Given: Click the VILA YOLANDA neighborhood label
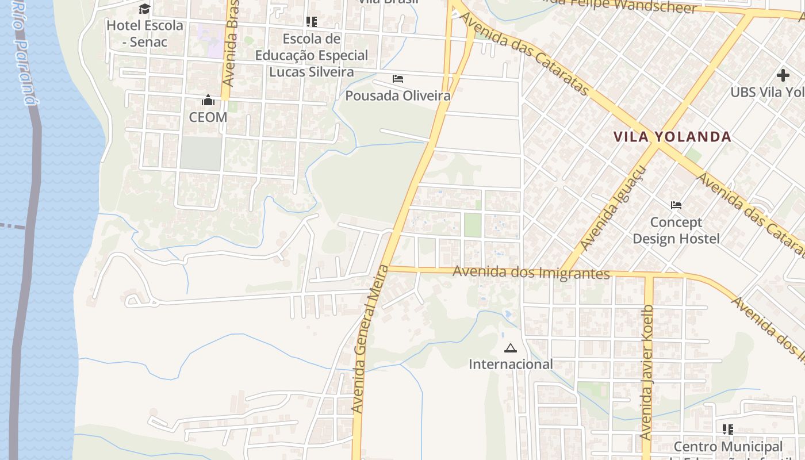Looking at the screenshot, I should pyautogui.click(x=672, y=137).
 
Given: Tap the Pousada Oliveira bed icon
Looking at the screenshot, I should pyautogui.click(x=398, y=79).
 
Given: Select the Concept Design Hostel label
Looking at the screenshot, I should pyautogui.click(x=676, y=230).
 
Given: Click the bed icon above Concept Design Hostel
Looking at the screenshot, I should pyautogui.click(x=676, y=205).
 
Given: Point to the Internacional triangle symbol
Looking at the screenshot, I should pyautogui.click(x=510, y=348).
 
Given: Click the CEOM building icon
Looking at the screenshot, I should pyautogui.click(x=208, y=101).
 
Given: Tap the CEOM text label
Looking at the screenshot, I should pyautogui.click(x=208, y=117).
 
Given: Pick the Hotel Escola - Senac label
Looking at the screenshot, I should pyautogui.click(x=145, y=33).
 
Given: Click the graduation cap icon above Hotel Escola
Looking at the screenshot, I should pyautogui.click(x=144, y=9).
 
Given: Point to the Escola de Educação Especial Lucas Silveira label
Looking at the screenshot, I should pyautogui.click(x=312, y=55).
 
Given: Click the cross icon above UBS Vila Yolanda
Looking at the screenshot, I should pyautogui.click(x=783, y=75).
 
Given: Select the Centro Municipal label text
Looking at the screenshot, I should pyautogui.click(x=727, y=447).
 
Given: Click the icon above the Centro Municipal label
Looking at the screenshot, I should pyautogui.click(x=728, y=429).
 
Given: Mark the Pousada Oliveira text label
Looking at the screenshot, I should pyautogui.click(x=398, y=95).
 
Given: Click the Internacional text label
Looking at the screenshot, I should pyautogui.click(x=511, y=364).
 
